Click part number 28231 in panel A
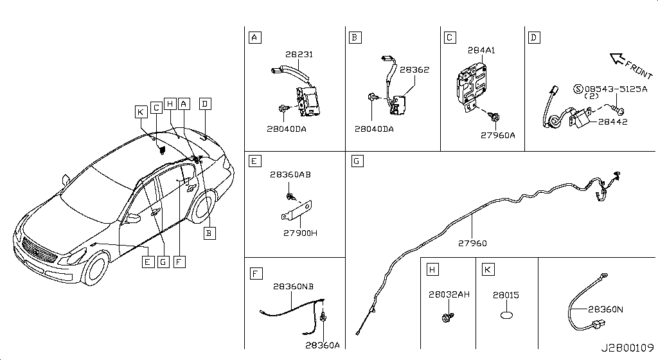point(299,55)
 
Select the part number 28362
point(414,69)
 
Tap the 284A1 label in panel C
point(481,50)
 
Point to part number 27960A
point(498,135)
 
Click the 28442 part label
point(612,122)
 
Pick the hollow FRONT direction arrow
point(618,59)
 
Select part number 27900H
point(301,233)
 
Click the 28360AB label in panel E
point(290,175)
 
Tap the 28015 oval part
point(507,315)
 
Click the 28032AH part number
point(449,294)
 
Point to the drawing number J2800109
point(627,348)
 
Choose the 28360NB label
point(293,287)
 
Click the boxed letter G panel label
point(357,161)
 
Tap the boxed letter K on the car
point(141,112)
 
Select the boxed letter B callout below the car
point(209,233)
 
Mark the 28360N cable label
point(605,310)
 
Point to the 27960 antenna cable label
point(472,244)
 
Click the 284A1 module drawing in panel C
point(471,86)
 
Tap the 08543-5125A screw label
point(616,89)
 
